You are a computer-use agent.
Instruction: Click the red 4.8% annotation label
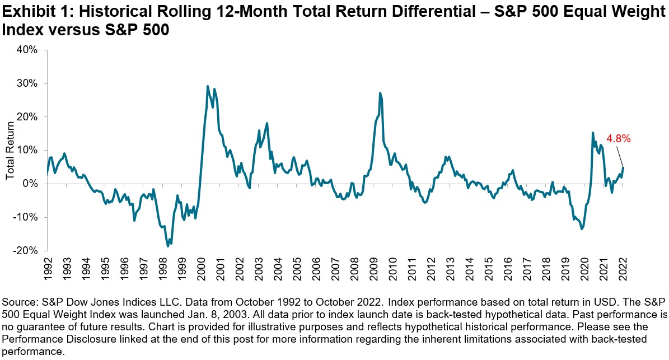tap(619, 139)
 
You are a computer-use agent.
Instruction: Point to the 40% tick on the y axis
tap(27, 50)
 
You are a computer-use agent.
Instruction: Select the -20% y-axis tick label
tap(26, 251)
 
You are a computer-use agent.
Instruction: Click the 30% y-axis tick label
tap(27, 83)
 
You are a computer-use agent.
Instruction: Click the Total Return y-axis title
tap(10, 151)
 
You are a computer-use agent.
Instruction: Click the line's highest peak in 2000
tap(208, 86)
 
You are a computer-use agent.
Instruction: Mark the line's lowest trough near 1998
tap(168, 246)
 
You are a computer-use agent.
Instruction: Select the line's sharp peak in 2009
tap(380, 93)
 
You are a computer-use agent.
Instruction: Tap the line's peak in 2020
tap(593, 133)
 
